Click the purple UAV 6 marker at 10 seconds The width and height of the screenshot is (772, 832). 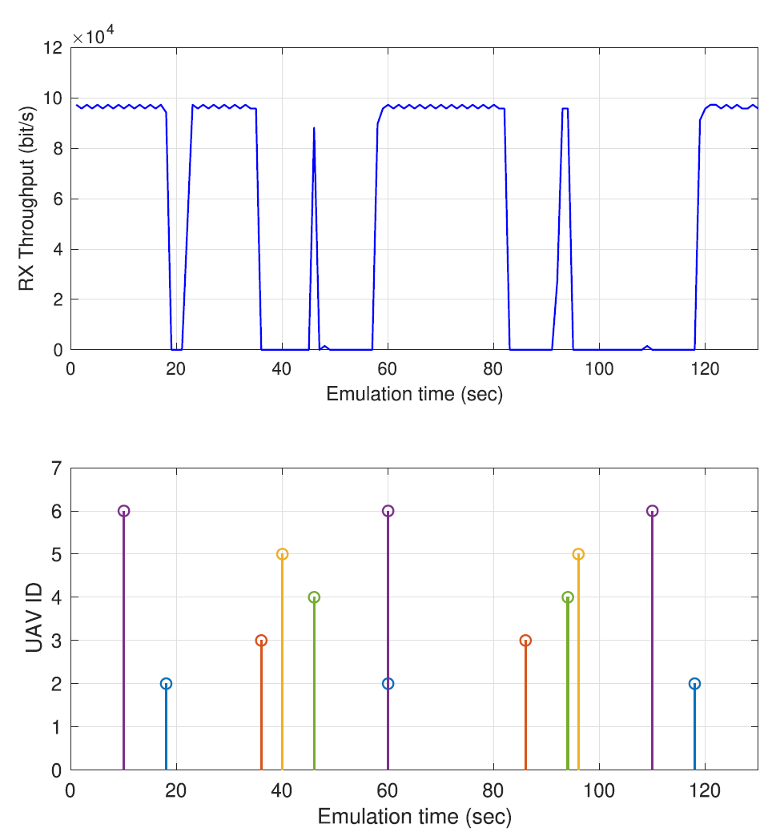(x=123, y=511)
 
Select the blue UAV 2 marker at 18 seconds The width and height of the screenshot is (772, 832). (x=166, y=684)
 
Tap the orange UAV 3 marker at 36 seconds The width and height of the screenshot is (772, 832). (x=261, y=641)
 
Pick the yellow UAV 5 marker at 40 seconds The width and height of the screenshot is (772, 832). (x=282, y=554)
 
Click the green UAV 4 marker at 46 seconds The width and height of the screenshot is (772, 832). (x=314, y=597)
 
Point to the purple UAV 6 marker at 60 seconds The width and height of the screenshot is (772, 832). (x=388, y=511)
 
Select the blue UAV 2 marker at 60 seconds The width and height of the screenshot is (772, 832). (x=388, y=684)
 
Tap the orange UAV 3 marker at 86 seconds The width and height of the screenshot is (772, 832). (x=525, y=641)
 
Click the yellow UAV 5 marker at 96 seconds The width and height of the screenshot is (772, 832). (x=578, y=554)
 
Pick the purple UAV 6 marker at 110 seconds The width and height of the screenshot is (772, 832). (x=652, y=511)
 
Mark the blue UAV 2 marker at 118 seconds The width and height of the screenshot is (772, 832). (x=694, y=684)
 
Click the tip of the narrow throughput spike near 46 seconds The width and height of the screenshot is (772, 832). (x=314, y=128)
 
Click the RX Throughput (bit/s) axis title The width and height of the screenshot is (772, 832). (x=26, y=199)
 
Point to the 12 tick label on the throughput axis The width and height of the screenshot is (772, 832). (x=52, y=48)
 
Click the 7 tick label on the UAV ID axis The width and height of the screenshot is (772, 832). (x=56, y=468)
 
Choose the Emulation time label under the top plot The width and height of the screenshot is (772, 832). (x=414, y=395)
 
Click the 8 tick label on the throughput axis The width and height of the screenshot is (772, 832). (x=56, y=149)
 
